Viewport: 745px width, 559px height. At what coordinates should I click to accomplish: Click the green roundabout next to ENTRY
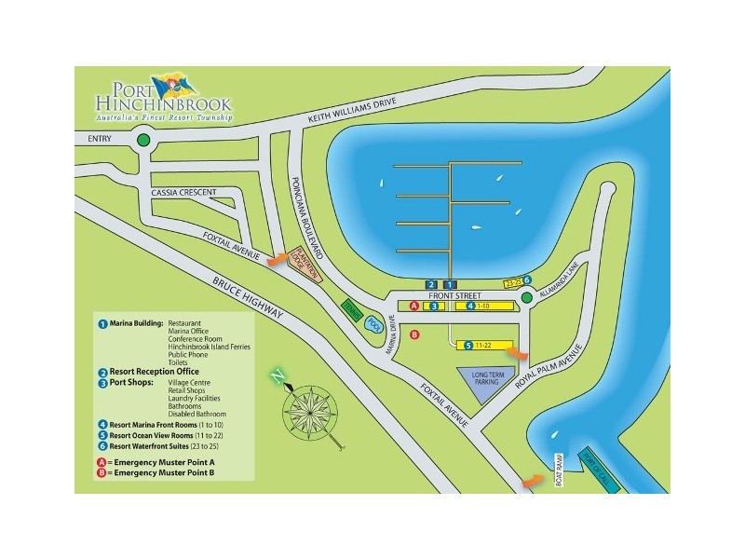[x=142, y=142]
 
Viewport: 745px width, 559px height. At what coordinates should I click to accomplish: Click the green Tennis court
[x=351, y=311]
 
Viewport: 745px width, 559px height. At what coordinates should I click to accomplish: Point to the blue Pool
[x=373, y=323]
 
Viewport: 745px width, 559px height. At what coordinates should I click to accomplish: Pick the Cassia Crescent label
[x=183, y=193]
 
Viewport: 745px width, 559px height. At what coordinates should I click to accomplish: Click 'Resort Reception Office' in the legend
[x=155, y=372]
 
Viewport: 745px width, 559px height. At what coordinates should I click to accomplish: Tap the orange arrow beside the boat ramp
[x=533, y=481]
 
